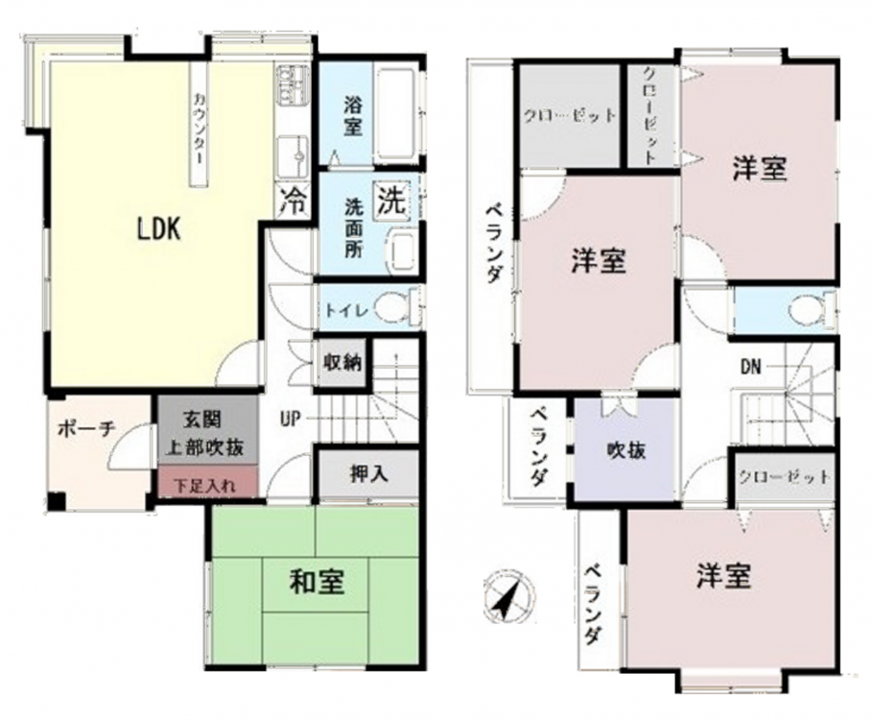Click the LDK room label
point(159,228)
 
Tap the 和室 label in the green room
point(317,582)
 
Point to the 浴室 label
point(353,116)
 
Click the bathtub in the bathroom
point(395,115)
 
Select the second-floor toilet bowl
point(811,309)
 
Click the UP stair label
point(291,419)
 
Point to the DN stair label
point(751,367)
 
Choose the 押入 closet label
point(368,473)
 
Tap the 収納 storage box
point(342,363)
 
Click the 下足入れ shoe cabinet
point(208,481)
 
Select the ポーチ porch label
point(86,429)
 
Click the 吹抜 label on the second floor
point(626,450)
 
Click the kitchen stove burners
point(292,84)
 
